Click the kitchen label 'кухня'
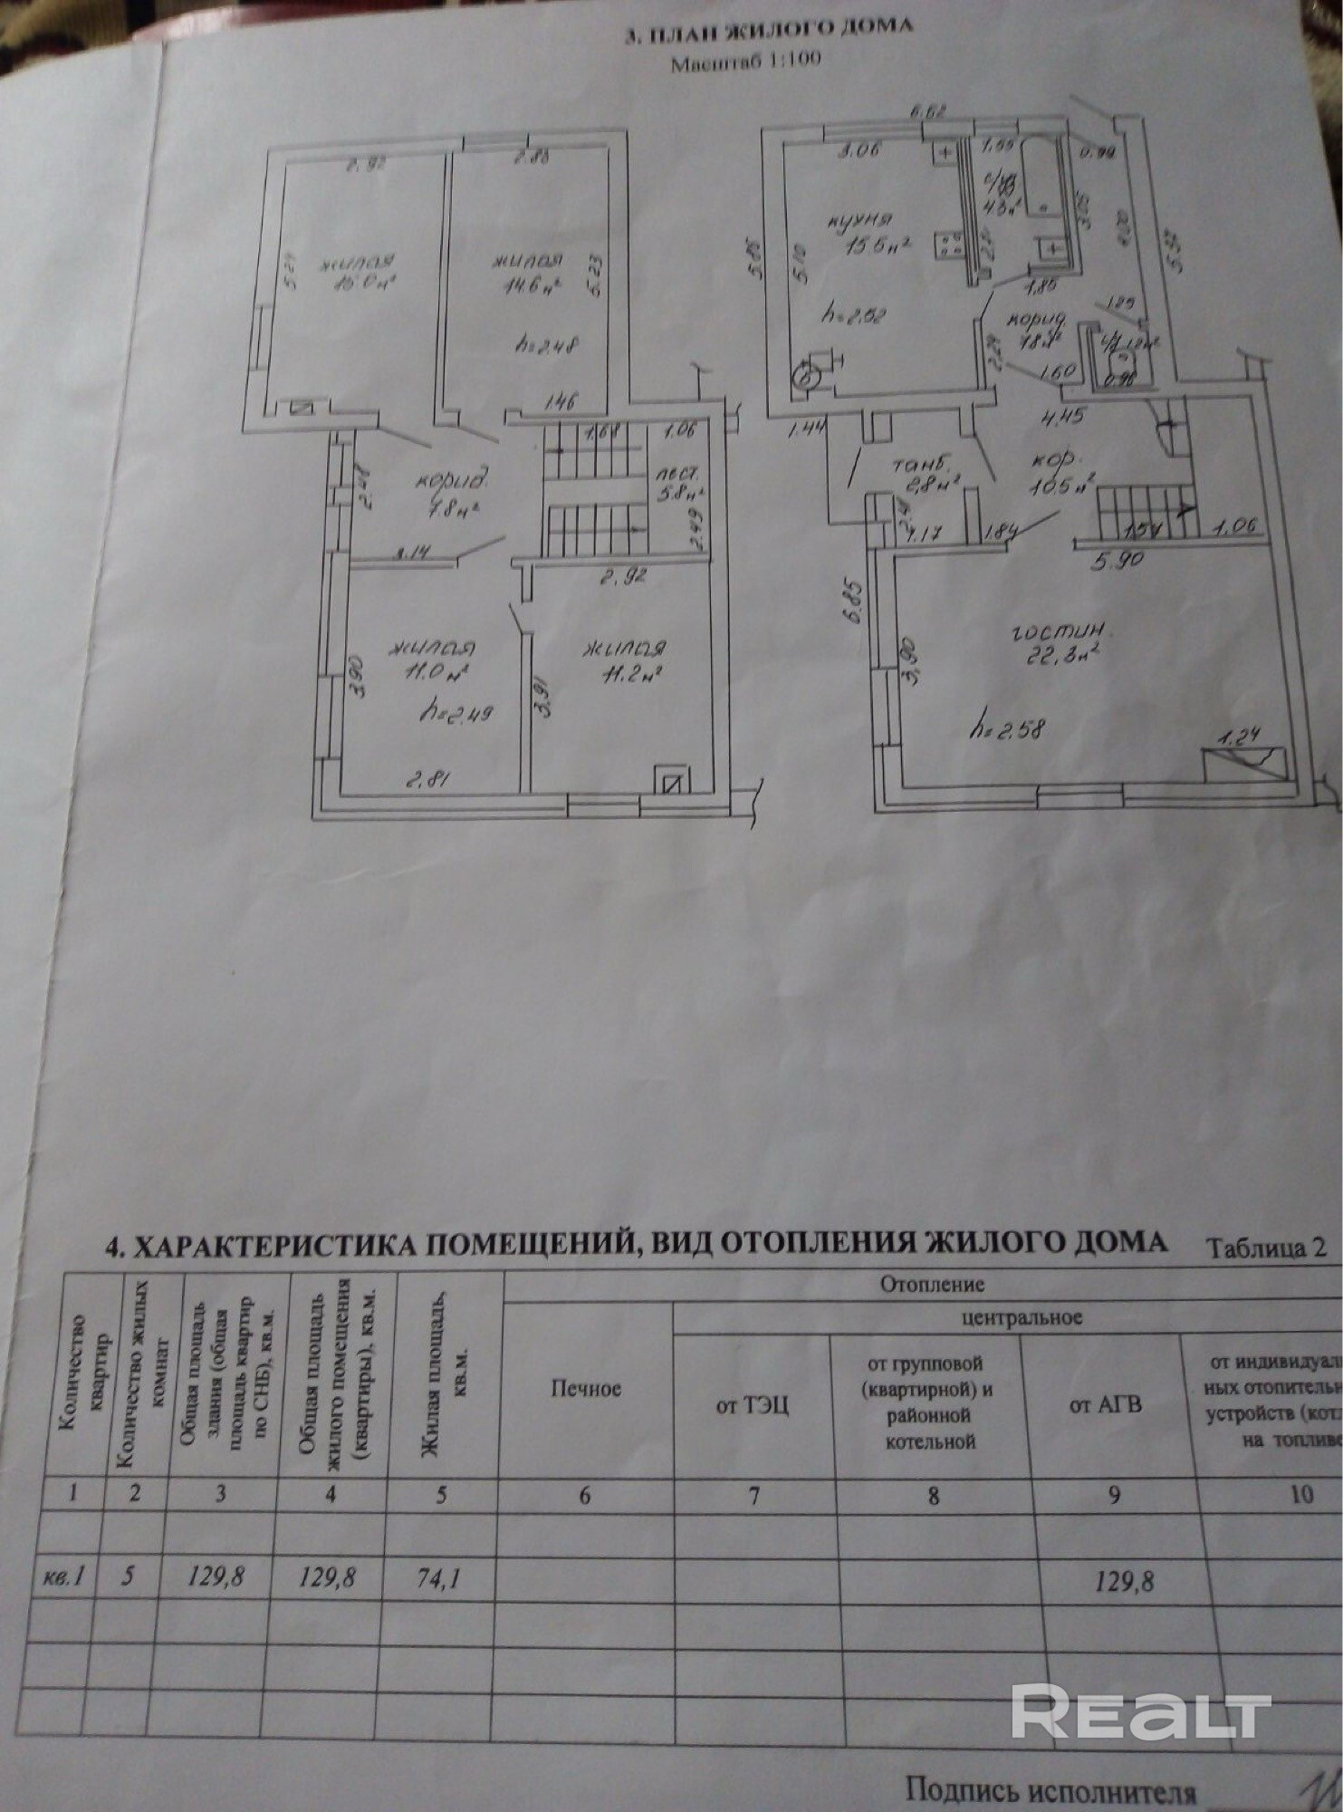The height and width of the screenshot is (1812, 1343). pyautogui.click(x=860, y=220)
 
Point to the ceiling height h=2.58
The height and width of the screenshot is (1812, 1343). pyautogui.click(x=1007, y=725)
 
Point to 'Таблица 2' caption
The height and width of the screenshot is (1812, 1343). pyautogui.click(x=1268, y=1248)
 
